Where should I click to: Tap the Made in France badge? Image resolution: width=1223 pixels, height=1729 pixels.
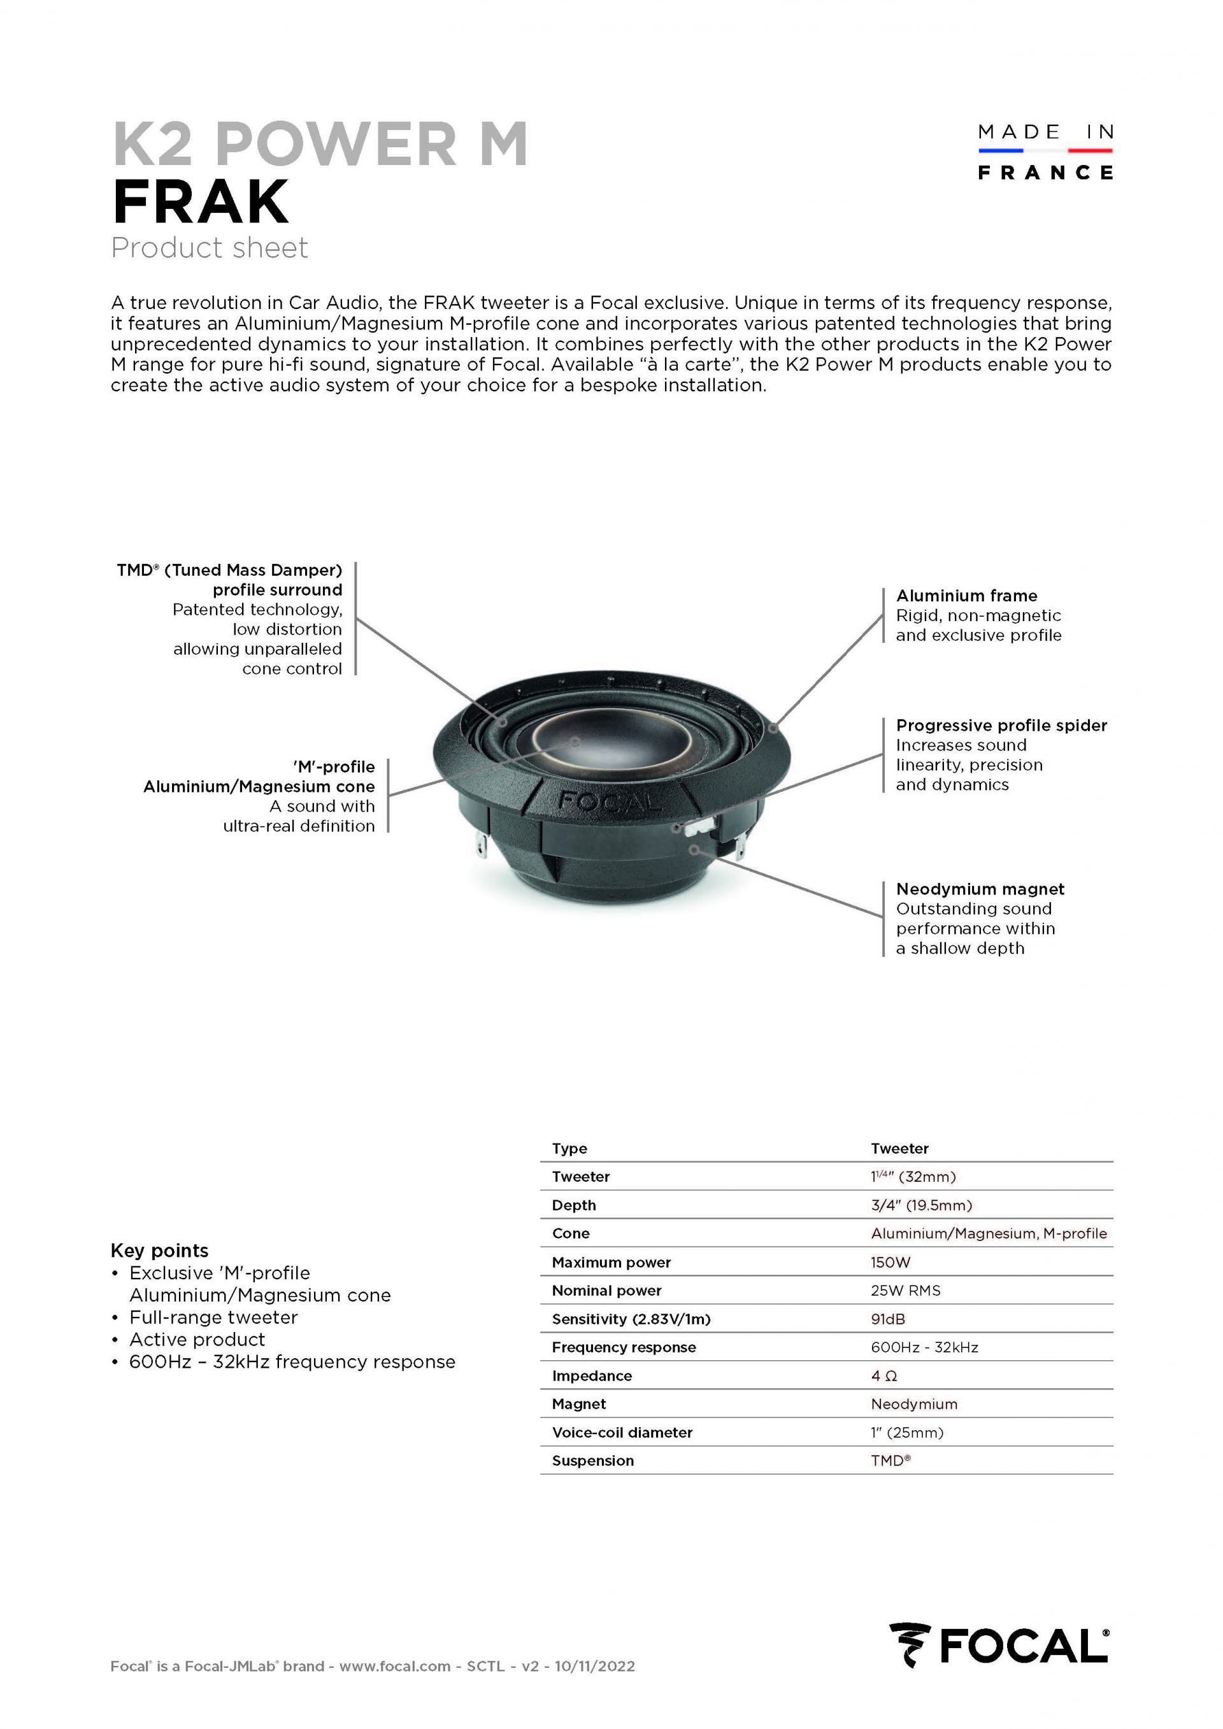[x=1045, y=152]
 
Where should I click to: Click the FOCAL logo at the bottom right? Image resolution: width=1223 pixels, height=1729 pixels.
[x=999, y=1666]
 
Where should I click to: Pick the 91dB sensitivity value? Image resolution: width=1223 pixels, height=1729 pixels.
[x=888, y=1319]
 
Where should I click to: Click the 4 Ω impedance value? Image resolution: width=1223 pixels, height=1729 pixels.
[x=883, y=1376]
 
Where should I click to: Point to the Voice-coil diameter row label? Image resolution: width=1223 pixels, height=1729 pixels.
[x=622, y=1432]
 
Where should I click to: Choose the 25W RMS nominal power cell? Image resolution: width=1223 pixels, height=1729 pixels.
[x=905, y=1291]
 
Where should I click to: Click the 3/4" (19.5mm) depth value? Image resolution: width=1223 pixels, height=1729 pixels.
[x=921, y=1205]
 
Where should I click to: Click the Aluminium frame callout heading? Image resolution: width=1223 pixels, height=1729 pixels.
[x=966, y=596]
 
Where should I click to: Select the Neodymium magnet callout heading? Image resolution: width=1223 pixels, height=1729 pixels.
[x=980, y=889]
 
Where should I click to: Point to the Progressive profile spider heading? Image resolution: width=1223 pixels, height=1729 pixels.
[x=1001, y=725]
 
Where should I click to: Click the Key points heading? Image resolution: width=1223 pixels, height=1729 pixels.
[x=160, y=1250]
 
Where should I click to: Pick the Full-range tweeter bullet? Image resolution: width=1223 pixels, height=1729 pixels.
[x=213, y=1317]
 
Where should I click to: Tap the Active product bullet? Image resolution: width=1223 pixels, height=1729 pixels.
[x=197, y=1339]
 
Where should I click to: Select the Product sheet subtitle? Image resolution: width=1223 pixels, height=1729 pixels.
[x=210, y=248]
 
